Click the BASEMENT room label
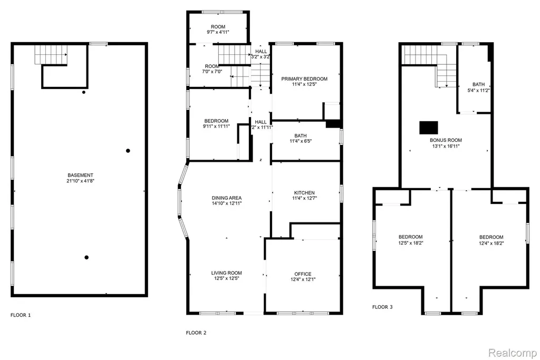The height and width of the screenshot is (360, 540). (80, 175)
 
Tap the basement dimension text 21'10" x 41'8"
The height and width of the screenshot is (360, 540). (80, 181)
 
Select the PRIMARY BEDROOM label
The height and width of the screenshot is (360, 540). (304, 79)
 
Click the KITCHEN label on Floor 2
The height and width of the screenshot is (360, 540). (304, 193)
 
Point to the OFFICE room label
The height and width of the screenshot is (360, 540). (303, 274)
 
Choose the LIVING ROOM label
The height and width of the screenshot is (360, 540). (227, 273)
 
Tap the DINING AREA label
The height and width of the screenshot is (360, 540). (227, 198)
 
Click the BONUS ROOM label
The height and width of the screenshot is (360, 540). (446, 140)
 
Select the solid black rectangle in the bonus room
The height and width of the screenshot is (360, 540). (429, 128)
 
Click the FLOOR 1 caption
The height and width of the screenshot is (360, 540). (21, 315)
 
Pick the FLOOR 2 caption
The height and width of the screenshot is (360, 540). (196, 333)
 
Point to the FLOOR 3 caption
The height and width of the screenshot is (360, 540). (383, 307)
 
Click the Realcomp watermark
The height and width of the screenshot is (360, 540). (512, 353)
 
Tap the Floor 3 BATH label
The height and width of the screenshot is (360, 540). (479, 84)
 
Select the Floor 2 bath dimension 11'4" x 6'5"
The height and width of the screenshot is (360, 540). (301, 141)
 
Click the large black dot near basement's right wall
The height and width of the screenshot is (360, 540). (128, 151)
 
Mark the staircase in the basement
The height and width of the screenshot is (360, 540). (51, 55)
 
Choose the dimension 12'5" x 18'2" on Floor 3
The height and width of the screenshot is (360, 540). (411, 243)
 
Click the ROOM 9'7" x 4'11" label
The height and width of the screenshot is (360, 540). (218, 30)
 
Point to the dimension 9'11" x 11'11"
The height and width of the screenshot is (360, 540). (216, 127)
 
